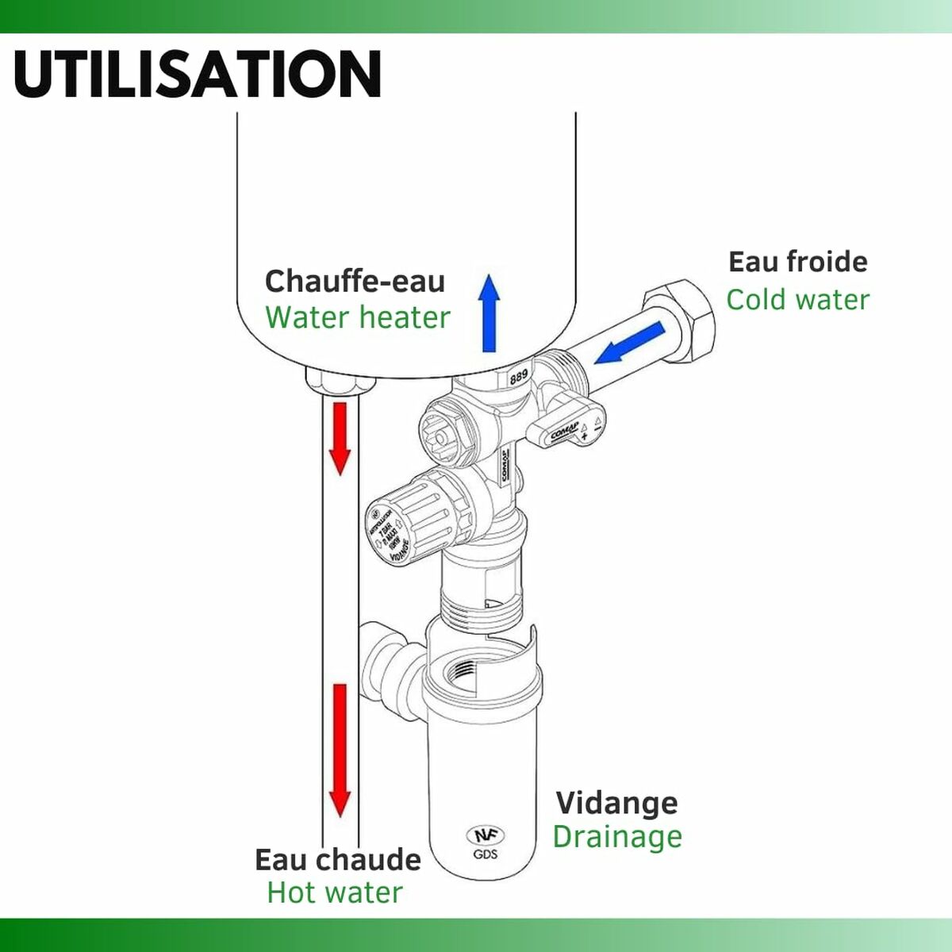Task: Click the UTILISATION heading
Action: [198, 74]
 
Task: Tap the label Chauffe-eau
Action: [354, 281]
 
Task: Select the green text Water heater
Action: [357, 317]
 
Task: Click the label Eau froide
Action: [797, 261]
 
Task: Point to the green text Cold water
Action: [797, 300]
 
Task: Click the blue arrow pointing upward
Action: [489, 313]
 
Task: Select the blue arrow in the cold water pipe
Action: [631, 343]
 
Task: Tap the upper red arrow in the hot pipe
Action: [340, 438]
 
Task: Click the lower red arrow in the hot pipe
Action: [340, 750]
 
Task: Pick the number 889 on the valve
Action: [519, 377]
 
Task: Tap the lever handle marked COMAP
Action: [568, 428]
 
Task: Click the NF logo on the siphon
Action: [485, 836]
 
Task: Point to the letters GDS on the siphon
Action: [485, 854]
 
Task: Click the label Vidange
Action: [616, 803]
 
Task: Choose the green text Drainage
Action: [616, 837]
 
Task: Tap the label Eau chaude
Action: [337, 859]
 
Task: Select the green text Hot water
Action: [334, 892]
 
